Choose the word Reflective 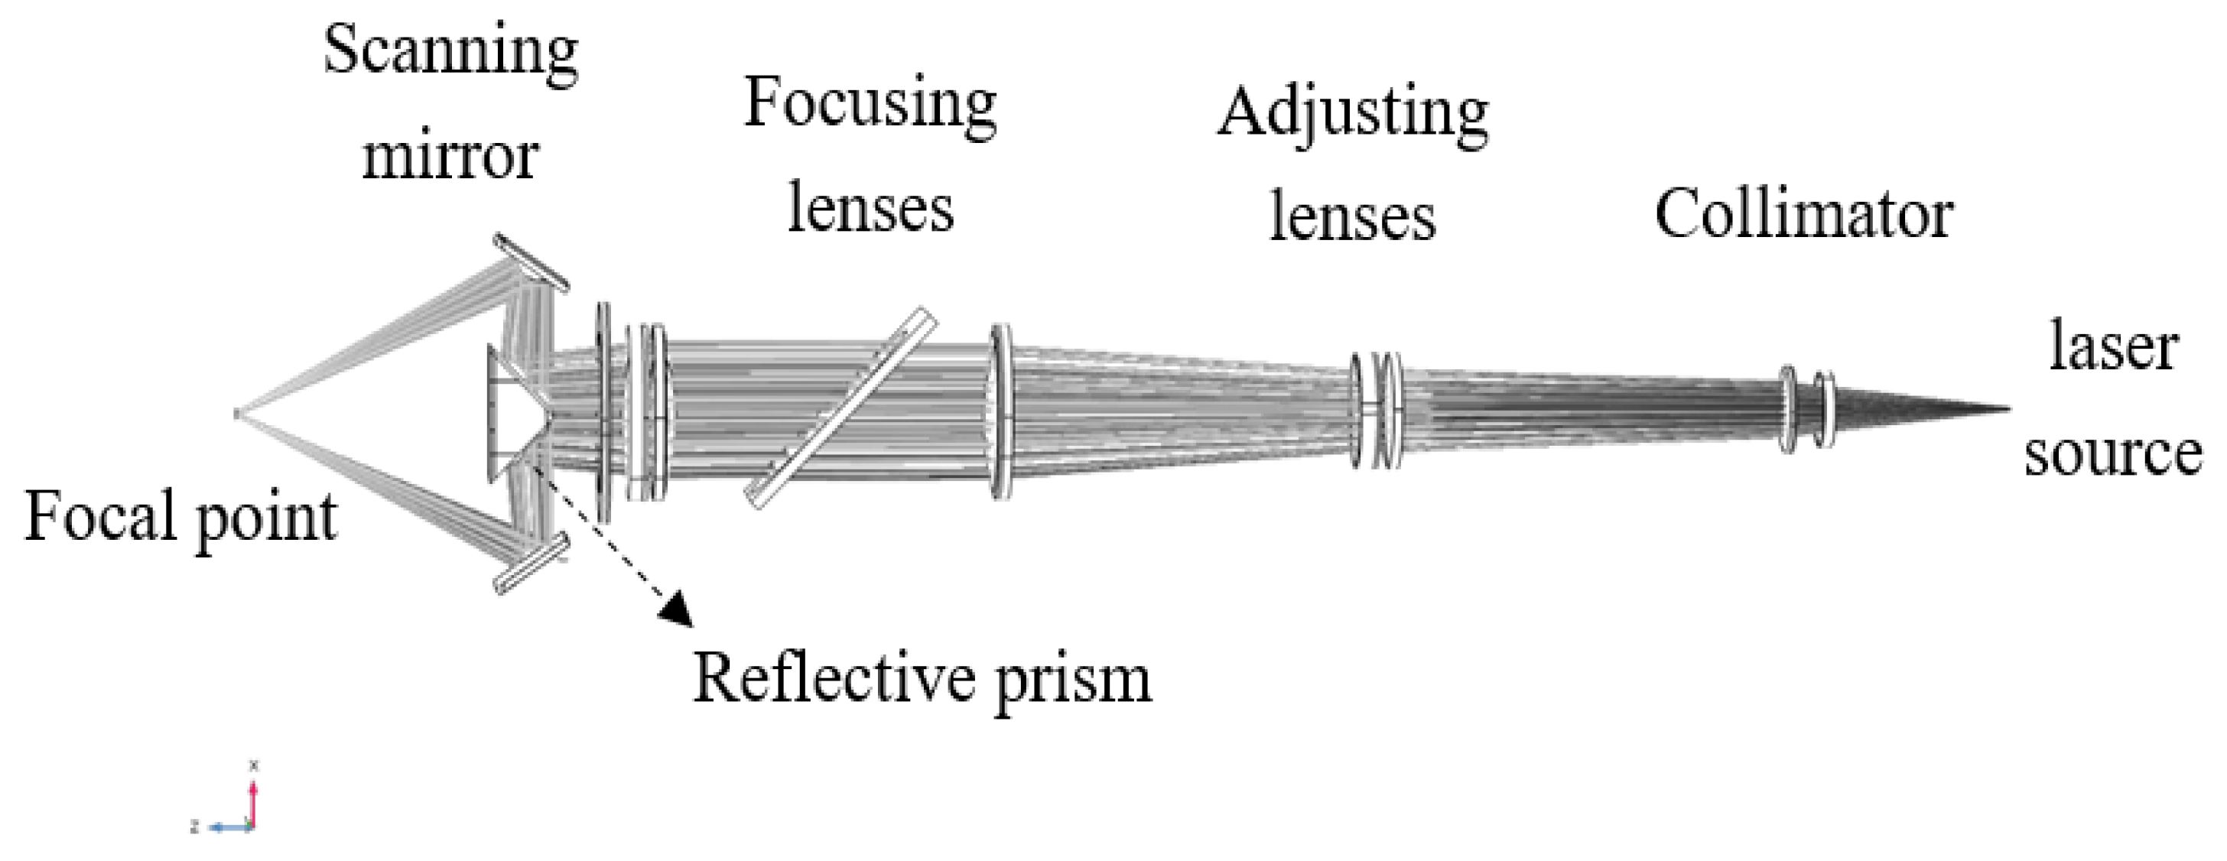pyautogui.click(x=834, y=678)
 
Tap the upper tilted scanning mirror pyautogui.click(x=532, y=262)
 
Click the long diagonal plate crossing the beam pyautogui.click(x=840, y=408)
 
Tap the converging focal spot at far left pyautogui.click(x=237, y=414)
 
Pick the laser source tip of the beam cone pyautogui.click(x=2008, y=409)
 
